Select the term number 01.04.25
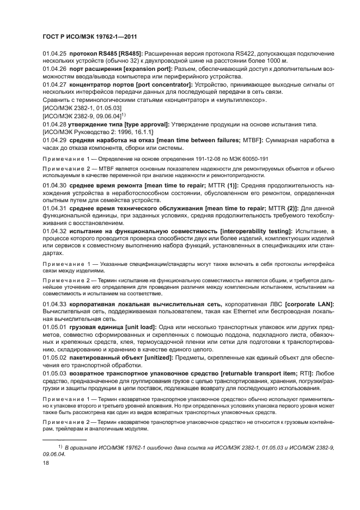[54, 53]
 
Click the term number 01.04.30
[54, 186]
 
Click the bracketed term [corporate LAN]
[306, 303]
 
